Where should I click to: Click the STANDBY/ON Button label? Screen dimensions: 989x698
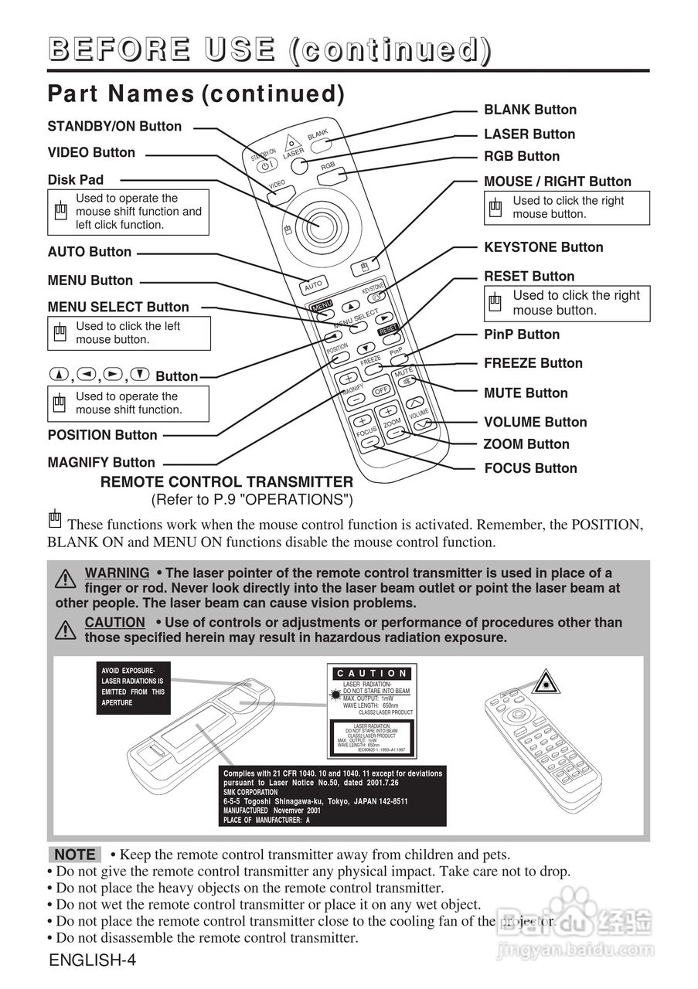(x=114, y=126)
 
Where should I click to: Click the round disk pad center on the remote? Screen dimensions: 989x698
(x=318, y=223)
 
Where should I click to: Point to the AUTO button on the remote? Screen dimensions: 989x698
(x=314, y=284)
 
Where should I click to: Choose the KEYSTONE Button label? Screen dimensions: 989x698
(x=543, y=247)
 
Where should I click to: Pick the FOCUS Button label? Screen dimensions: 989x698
(x=530, y=468)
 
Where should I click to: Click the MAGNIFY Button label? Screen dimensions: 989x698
(x=101, y=463)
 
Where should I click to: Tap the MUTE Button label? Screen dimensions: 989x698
(x=526, y=393)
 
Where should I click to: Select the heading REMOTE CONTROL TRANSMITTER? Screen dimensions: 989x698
(x=227, y=482)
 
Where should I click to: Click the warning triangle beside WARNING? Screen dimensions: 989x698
(x=66, y=579)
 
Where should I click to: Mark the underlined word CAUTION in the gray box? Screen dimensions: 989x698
(x=114, y=622)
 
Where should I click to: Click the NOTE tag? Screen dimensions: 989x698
(x=75, y=855)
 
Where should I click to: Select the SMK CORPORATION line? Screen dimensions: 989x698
(x=250, y=792)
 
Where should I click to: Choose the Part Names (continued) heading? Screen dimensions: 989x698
(x=196, y=93)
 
